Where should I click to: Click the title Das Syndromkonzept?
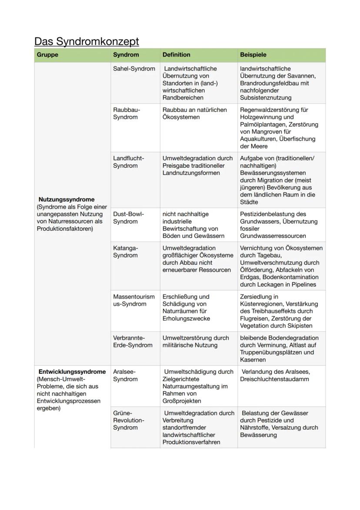(87, 41)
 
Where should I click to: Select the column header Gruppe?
(47, 55)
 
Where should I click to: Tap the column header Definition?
(176, 55)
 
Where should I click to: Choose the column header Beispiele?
(253, 55)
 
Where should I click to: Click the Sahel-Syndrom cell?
(134, 69)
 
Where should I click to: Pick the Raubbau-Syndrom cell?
(127, 113)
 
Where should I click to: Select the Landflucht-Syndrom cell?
(128, 162)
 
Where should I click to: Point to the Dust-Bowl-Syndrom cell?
(128, 218)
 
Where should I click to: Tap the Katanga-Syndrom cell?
(125, 252)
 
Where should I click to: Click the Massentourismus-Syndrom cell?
(133, 301)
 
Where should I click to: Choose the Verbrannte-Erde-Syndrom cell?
(133, 341)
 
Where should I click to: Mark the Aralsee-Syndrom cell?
(125, 375)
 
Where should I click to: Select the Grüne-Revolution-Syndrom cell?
(128, 420)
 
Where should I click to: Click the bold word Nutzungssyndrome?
(66, 199)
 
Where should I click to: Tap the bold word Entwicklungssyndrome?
(72, 372)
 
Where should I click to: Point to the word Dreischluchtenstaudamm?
(274, 379)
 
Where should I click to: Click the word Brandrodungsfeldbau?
(270, 83)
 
